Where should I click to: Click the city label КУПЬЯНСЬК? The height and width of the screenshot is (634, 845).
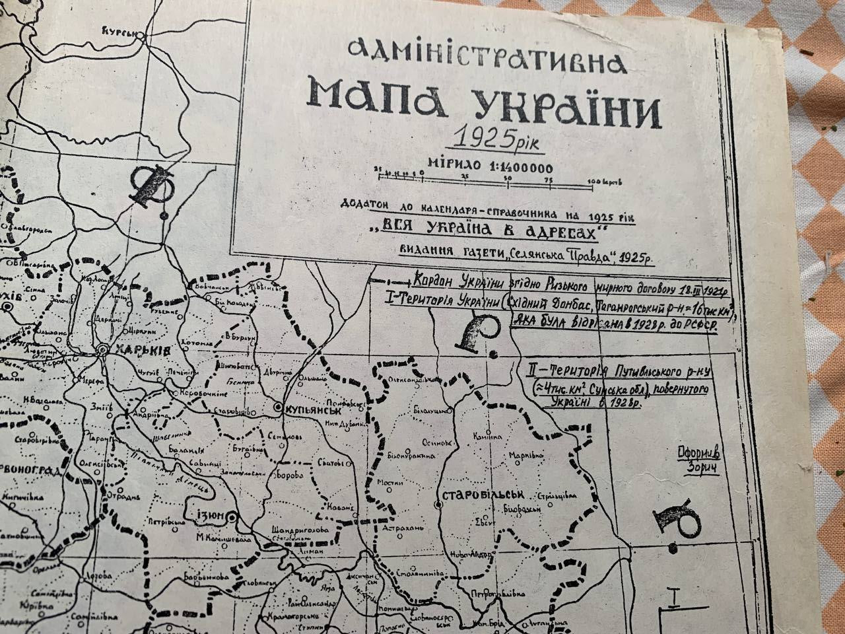point(310,409)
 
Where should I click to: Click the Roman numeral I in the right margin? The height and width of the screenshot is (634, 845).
point(674,600)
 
